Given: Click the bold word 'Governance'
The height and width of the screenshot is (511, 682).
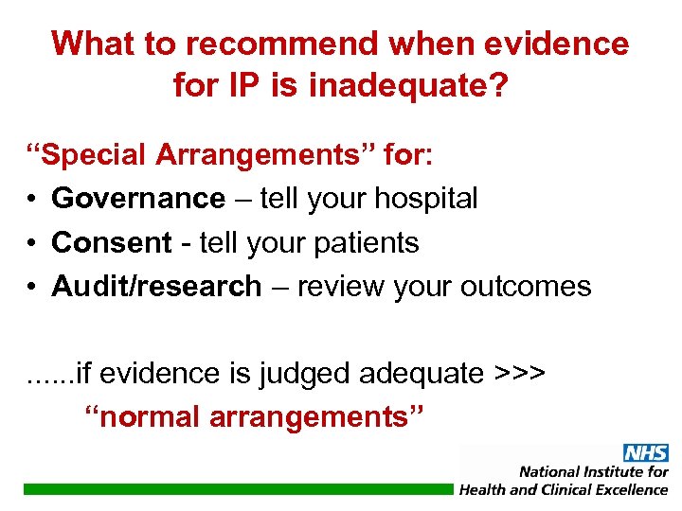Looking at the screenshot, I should (x=138, y=199).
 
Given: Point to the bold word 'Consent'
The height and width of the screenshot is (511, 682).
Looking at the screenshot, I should (x=112, y=243).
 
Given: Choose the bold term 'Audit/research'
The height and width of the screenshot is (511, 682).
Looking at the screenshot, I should (x=156, y=287).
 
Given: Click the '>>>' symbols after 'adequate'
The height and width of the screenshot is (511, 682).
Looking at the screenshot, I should (x=520, y=374).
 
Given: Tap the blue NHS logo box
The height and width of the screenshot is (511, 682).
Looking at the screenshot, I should (x=645, y=453).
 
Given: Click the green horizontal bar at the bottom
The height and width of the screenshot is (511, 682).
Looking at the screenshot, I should (x=237, y=489).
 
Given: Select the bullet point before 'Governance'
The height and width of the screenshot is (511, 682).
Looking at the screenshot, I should (x=32, y=200).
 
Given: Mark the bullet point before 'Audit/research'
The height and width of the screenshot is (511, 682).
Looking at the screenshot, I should (x=32, y=288).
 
